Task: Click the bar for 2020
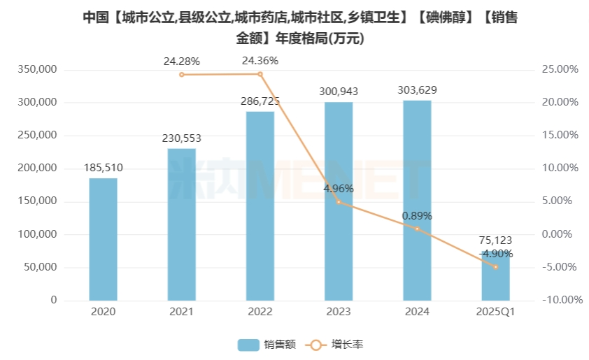coord(103,239)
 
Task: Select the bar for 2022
coord(260,206)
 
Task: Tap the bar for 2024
coord(417,200)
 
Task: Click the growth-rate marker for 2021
coord(182,74)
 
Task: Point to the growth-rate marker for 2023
coord(339,202)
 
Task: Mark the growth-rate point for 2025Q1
coord(495,267)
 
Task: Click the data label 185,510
coord(103,168)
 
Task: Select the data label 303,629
coord(417,90)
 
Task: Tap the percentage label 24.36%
coord(260,61)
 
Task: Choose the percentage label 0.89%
coord(417,216)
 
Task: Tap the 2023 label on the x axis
coord(339,312)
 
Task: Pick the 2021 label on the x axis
coord(182,312)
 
